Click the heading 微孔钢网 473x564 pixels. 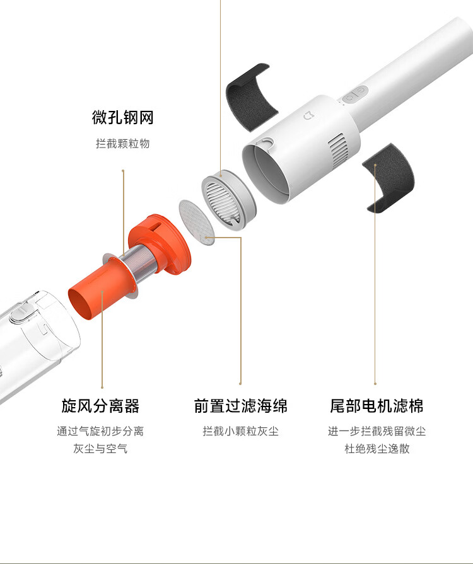point(123,118)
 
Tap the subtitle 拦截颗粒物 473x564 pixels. point(123,144)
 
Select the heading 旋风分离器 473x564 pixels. point(100,406)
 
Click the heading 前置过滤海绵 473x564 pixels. point(240,406)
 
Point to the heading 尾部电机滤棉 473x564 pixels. point(377,406)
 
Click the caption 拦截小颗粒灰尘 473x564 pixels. point(240,431)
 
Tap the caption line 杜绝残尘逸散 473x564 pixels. point(377,449)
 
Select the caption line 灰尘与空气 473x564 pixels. point(100,449)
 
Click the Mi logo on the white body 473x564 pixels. point(308,116)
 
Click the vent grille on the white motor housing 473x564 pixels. point(337,150)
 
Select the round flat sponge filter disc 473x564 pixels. point(197,222)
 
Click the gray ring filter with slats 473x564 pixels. point(228,199)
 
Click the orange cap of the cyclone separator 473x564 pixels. point(160,243)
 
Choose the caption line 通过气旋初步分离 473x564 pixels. point(100,431)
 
